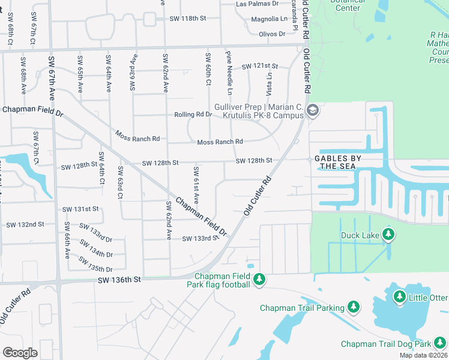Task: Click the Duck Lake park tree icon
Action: pos(389,235)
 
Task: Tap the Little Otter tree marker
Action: pos(400,297)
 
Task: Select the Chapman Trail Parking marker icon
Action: pos(354,308)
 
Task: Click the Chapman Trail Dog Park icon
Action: pos(441,343)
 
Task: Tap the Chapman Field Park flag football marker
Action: pos(259,280)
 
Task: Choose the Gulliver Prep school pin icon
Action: pos(312,110)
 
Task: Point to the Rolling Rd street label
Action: pos(190,115)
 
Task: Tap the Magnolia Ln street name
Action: pos(270,19)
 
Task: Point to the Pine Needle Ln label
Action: pos(229,74)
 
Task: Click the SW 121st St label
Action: pos(260,66)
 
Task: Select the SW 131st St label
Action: pos(80,209)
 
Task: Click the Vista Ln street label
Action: pos(270,83)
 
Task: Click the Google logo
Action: pos(20,352)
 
